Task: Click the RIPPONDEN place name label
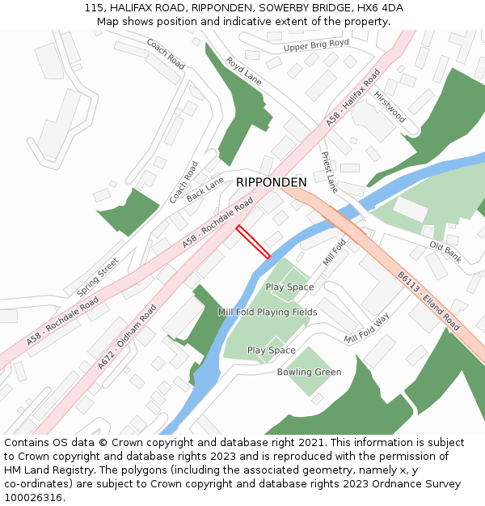coord(272,182)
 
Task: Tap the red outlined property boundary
coord(253,242)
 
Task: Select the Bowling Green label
coord(309,372)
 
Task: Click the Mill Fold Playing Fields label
coord(268,312)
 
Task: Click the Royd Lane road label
coord(243,71)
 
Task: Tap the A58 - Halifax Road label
coord(353,97)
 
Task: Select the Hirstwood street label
coord(390,107)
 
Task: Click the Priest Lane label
coord(330,172)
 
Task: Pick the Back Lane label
coord(205,189)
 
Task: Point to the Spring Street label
coord(97,276)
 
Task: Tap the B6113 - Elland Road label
coord(428,301)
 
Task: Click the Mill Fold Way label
coord(366,328)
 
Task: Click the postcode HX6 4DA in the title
coord(381,8)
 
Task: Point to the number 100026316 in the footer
coord(35,497)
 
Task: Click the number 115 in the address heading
coord(94,8)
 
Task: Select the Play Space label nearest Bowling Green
coord(271,351)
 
